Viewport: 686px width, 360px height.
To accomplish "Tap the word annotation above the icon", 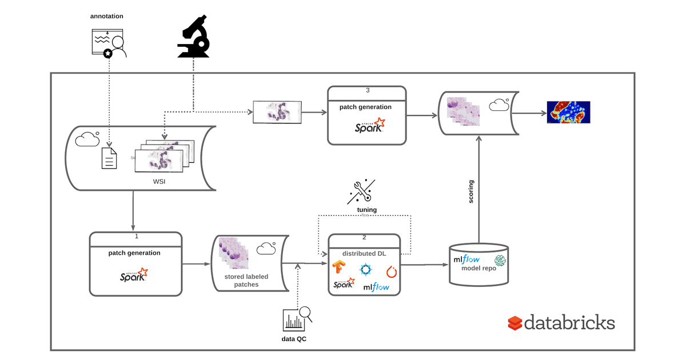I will (106, 16).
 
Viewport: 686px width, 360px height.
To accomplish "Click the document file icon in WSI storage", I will (109, 158).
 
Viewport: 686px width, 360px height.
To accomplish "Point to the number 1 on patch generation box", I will (136, 235).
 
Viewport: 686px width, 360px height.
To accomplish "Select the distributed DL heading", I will (368, 253).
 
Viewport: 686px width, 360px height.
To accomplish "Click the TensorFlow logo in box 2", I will (339, 267).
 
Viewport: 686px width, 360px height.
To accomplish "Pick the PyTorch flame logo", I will (392, 271).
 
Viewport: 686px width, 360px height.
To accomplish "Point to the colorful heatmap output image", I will (568, 112).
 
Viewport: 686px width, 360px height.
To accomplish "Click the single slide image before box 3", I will (277, 111).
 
